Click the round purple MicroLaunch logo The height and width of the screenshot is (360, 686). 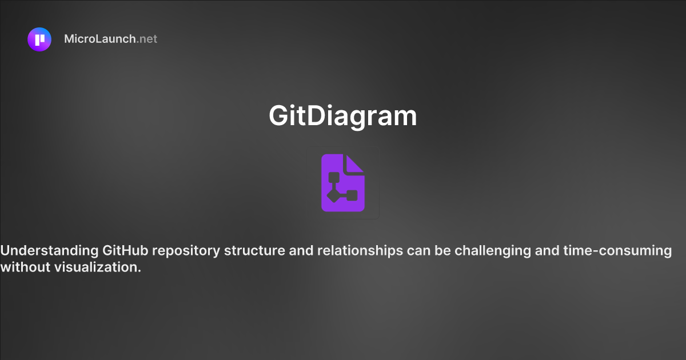tap(39, 39)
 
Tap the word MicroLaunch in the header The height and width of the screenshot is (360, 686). tap(100, 39)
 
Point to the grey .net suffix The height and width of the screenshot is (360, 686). tap(147, 39)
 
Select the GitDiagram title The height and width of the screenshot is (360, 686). tap(343, 116)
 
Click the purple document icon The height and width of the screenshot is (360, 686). tap(343, 183)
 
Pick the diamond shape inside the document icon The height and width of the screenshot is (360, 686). tap(333, 196)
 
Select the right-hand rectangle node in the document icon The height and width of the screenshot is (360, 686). tap(352, 195)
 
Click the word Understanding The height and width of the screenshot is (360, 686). tap(50, 251)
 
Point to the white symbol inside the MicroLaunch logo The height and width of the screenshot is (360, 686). tap(39, 39)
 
